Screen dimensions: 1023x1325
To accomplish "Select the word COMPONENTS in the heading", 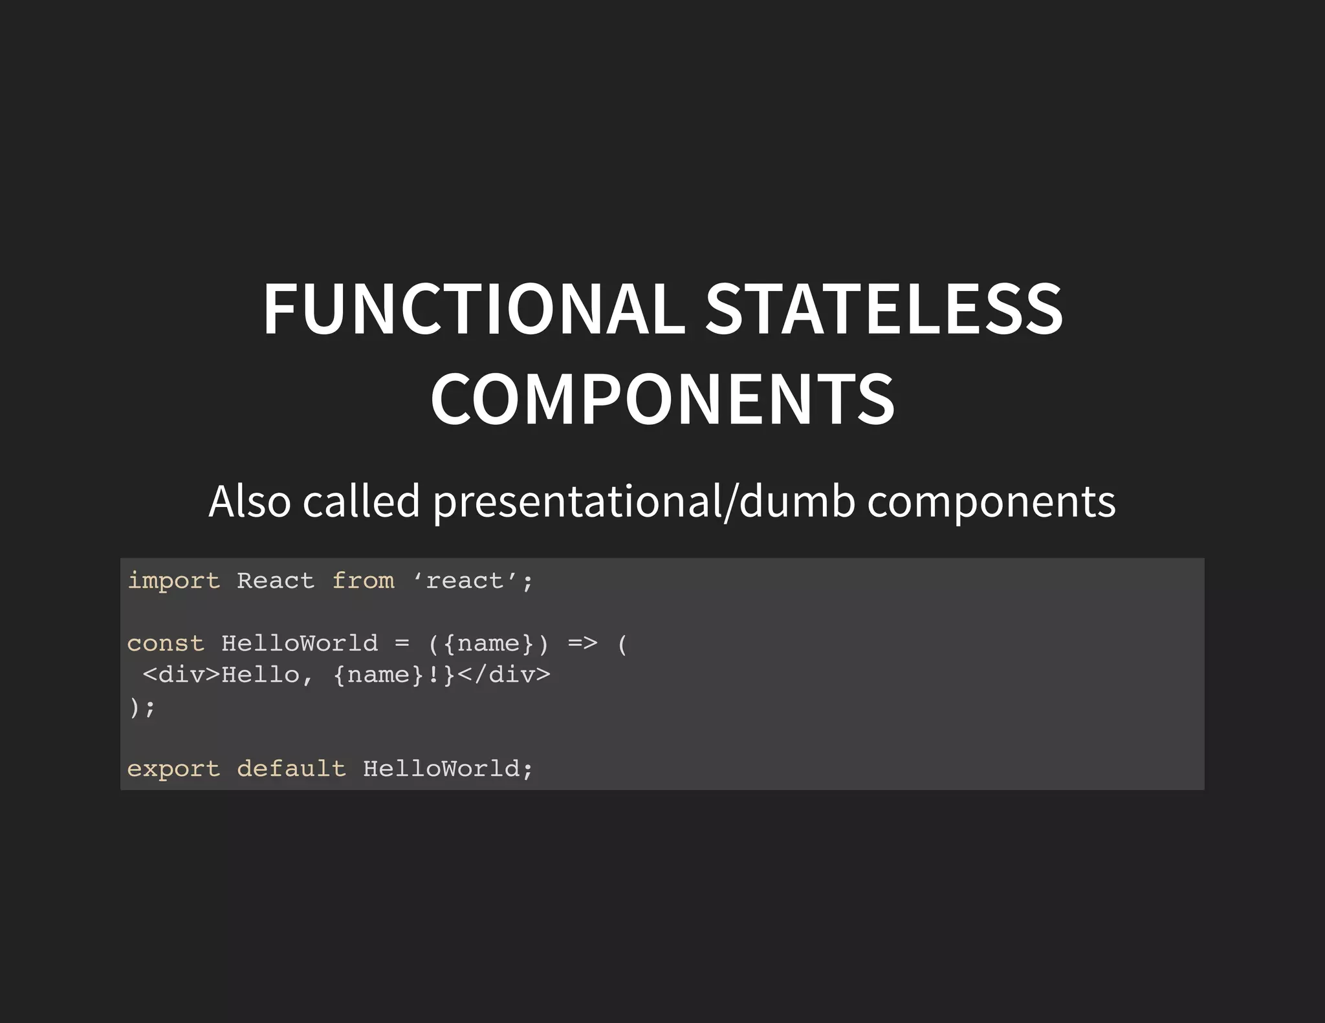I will click(662, 399).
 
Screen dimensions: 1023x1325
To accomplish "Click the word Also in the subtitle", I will click(250, 501).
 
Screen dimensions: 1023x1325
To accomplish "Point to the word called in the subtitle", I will click(362, 501).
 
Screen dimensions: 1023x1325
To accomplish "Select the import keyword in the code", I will click(173, 581).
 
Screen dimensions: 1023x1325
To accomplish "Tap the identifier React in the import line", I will click(276, 580).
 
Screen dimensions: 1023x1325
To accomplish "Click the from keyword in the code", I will click(363, 580).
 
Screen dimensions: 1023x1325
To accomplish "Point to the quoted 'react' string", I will click(465, 580).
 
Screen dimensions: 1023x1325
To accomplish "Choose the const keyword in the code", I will click(166, 643).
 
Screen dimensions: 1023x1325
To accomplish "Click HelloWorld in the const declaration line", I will click(300, 643).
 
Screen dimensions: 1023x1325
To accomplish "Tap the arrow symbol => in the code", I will click(582, 643).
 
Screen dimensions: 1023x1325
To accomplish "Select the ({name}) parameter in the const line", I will click(488, 643).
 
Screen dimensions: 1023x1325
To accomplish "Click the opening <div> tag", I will click(182, 674).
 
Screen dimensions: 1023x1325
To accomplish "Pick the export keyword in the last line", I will click(173, 769).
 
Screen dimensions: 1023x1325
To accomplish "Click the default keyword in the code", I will click(291, 769).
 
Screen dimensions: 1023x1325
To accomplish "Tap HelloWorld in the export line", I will click(441, 769).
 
